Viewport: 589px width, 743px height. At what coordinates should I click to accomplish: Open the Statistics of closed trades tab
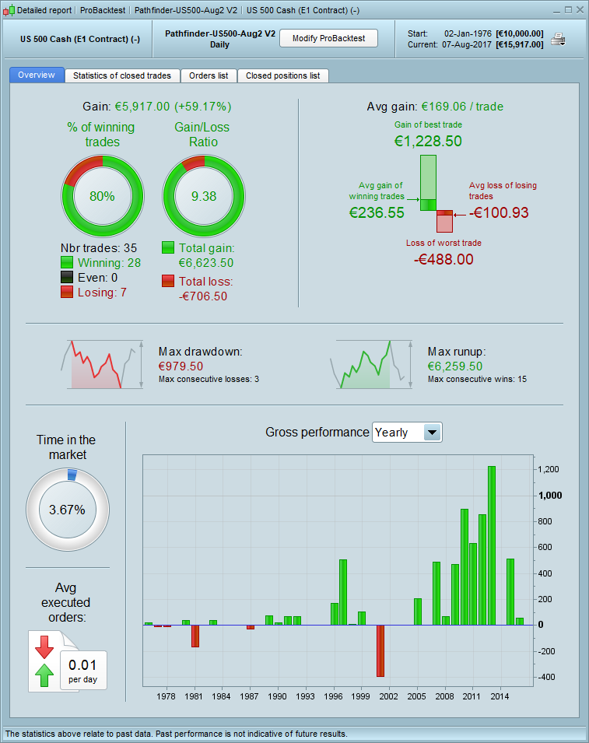coord(123,75)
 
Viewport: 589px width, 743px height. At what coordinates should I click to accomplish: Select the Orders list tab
coord(209,75)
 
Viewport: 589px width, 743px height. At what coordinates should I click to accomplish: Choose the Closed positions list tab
coord(282,75)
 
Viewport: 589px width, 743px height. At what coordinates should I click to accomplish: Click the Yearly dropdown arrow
coord(433,433)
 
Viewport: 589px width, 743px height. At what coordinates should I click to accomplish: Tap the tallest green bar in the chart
coord(492,545)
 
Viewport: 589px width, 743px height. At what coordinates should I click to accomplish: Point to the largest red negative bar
coord(380,650)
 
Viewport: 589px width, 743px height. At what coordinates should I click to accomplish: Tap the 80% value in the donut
coord(102,196)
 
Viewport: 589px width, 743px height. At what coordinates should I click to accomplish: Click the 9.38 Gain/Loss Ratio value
coord(204,196)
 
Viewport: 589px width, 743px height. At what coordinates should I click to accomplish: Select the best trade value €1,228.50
coord(429,141)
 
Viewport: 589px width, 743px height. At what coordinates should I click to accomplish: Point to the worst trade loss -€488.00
coord(444,259)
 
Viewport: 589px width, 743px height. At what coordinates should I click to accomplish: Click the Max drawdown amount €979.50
coord(181,366)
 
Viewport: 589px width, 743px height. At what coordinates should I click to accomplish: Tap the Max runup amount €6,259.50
coord(455,366)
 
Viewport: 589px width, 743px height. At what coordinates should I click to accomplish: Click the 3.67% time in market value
coord(68,510)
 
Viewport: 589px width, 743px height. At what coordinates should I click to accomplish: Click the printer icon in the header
coord(558,39)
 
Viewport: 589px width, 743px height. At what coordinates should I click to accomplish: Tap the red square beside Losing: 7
coord(67,292)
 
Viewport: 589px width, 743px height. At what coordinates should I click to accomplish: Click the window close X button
coord(579,10)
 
